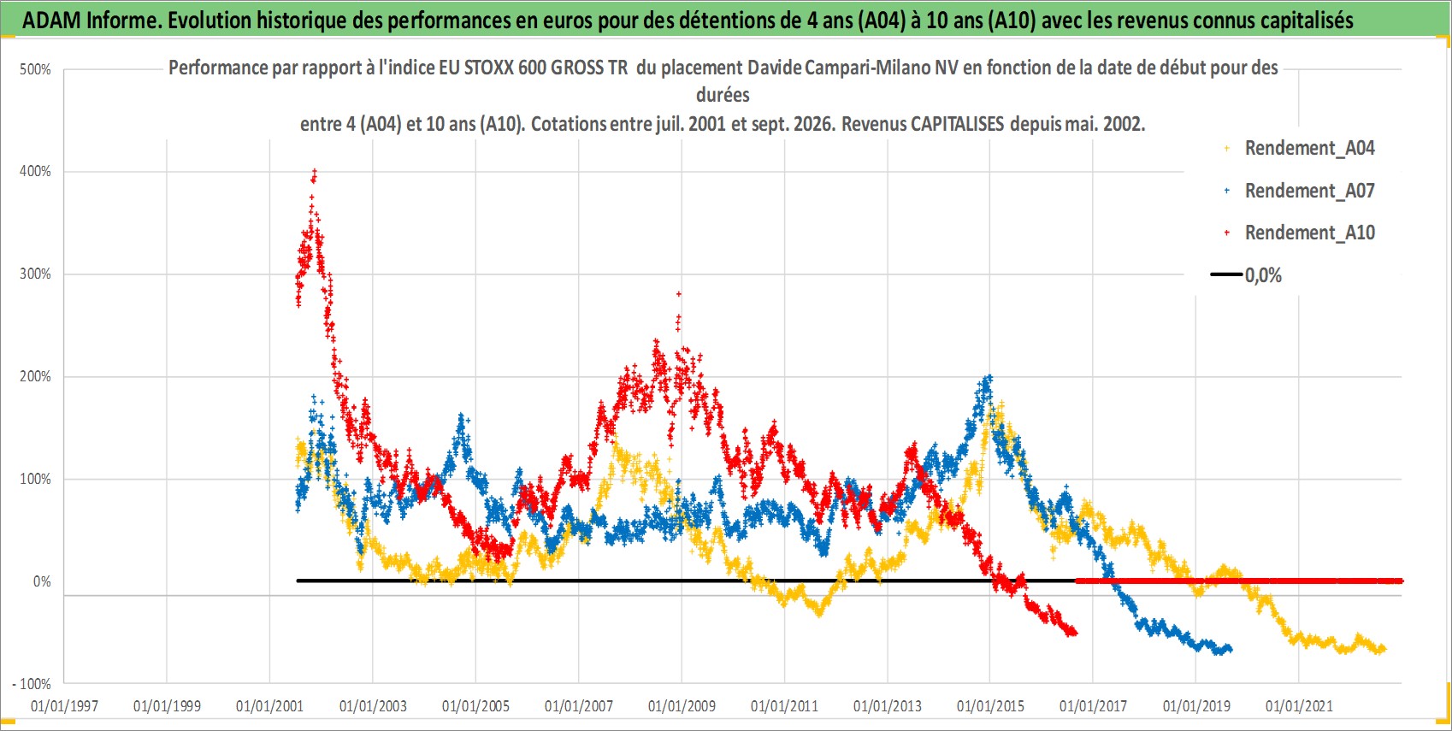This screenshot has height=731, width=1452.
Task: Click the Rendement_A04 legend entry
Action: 1301,149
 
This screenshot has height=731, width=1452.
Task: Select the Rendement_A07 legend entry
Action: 1301,191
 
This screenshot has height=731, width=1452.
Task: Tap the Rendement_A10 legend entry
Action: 1301,233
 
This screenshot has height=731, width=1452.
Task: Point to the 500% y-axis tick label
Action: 35,69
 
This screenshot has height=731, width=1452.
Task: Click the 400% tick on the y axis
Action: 35,171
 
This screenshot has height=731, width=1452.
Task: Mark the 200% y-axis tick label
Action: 35,376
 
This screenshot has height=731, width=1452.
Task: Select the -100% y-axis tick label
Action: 31,684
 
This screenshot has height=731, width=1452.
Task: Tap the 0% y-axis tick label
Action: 42,581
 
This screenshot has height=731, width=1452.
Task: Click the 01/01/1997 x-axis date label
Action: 64,705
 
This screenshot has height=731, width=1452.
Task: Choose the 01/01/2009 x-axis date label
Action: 682,705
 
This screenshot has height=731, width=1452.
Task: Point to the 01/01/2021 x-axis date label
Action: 1299,705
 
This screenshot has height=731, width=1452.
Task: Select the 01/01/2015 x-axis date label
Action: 990,705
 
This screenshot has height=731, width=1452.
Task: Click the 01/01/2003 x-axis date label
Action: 373,705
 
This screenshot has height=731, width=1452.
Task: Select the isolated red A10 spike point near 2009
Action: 679,293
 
